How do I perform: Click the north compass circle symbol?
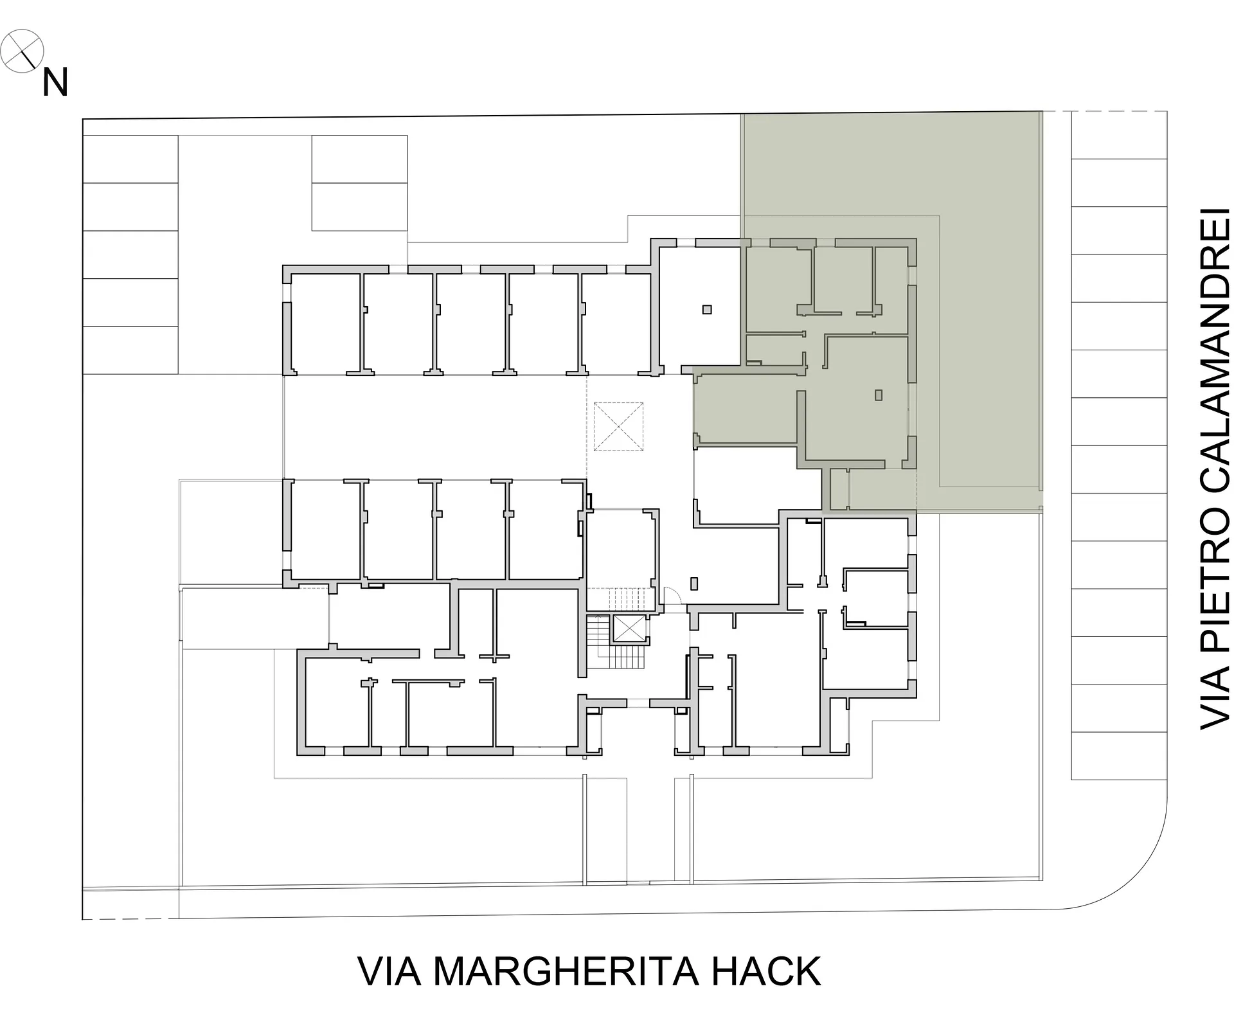tap(22, 51)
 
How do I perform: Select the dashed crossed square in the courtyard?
tap(618, 426)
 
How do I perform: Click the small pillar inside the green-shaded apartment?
tap(879, 395)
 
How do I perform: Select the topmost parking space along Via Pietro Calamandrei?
tap(1119, 135)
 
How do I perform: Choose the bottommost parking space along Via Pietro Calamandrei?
tap(1119, 756)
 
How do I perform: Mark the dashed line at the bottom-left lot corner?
tap(130, 919)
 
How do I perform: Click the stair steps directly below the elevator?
tap(626, 657)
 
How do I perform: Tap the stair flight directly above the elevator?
tap(626, 598)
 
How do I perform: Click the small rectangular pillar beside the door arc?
tap(693, 584)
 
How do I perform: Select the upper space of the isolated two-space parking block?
tap(359, 159)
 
